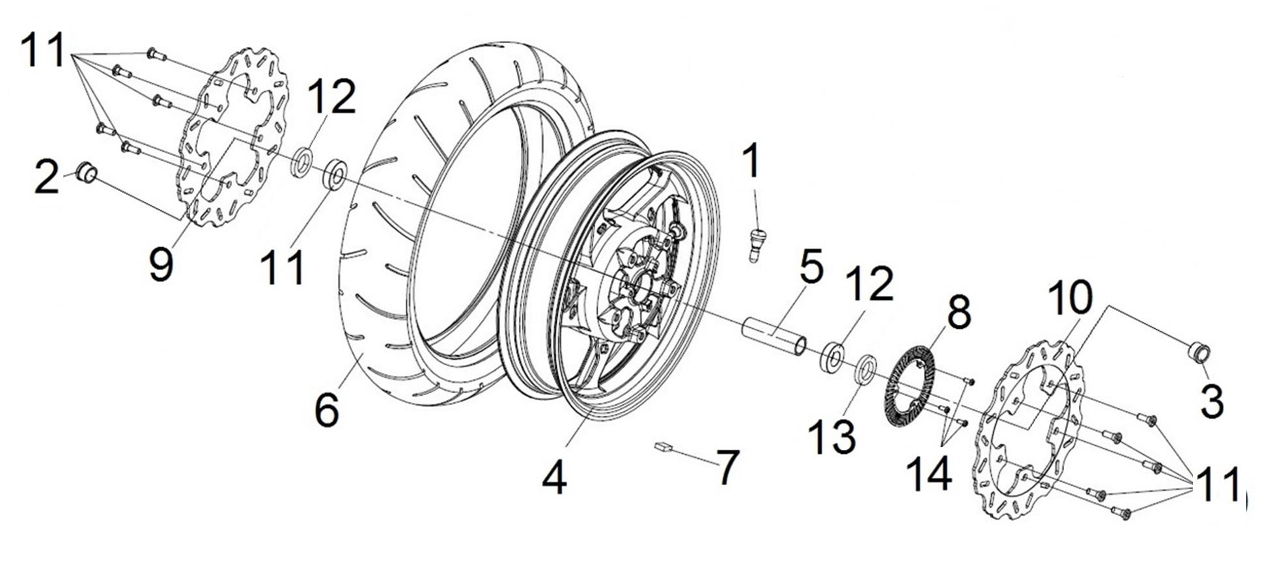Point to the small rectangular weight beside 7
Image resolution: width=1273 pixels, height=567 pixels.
[x=664, y=446]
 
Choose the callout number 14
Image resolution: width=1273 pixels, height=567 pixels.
[x=930, y=474]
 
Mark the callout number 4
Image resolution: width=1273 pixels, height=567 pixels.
[x=553, y=479]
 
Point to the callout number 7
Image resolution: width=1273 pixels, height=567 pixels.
[x=729, y=467]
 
